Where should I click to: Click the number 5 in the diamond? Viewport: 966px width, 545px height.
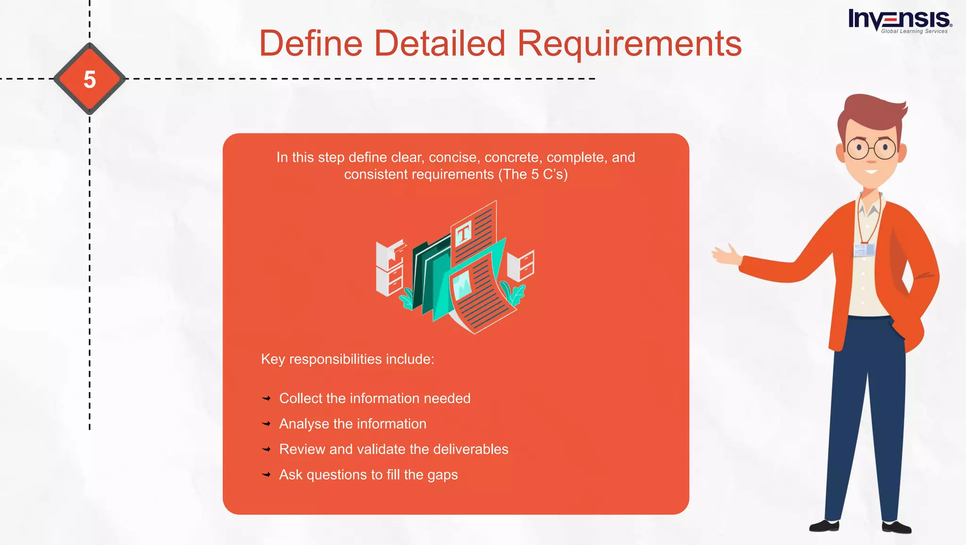(90, 79)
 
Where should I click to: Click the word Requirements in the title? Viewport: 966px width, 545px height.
(629, 44)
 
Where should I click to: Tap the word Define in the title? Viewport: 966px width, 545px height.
(311, 44)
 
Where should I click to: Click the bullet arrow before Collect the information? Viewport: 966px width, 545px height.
(266, 399)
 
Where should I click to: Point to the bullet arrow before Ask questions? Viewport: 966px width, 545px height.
(266, 475)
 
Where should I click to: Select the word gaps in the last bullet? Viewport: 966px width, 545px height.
(442, 475)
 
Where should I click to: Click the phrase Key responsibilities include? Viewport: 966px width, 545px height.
(348, 359)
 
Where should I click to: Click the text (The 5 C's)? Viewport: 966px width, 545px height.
(533, 175)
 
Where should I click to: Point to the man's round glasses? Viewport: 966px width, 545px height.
(871, 149)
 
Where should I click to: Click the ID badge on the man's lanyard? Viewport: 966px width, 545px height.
(864, 250)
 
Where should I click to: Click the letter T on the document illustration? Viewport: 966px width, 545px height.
(463, 233)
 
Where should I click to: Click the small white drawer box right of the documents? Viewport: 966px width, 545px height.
(521, 266)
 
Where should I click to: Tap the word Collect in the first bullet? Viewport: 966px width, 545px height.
(300, 398)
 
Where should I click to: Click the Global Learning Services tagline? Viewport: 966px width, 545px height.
(914, 32)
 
